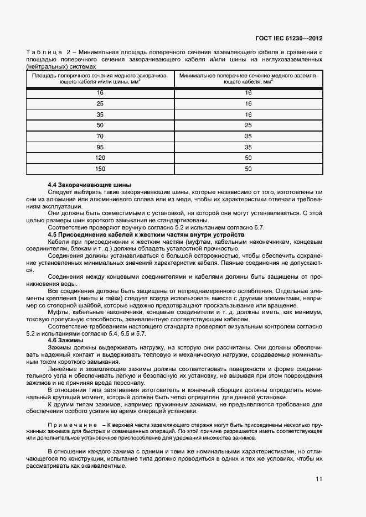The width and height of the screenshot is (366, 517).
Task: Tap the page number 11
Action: [x=319, y=479]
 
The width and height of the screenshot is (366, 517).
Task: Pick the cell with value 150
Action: [x=100, y=169]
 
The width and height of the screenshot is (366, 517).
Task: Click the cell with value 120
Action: [x=100, y=158]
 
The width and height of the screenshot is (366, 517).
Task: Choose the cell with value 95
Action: [x=100, y=147]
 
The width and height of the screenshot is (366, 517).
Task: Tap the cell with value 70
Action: [x=100, y=136]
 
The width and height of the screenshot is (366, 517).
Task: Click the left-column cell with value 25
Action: [x=100, y=103]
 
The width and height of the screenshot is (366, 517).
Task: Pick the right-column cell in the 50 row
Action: [x=248, y=125]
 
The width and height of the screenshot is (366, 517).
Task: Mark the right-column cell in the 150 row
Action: [x=248, y=169]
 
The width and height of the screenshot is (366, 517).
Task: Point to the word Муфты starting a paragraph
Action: [x=59, y=313]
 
